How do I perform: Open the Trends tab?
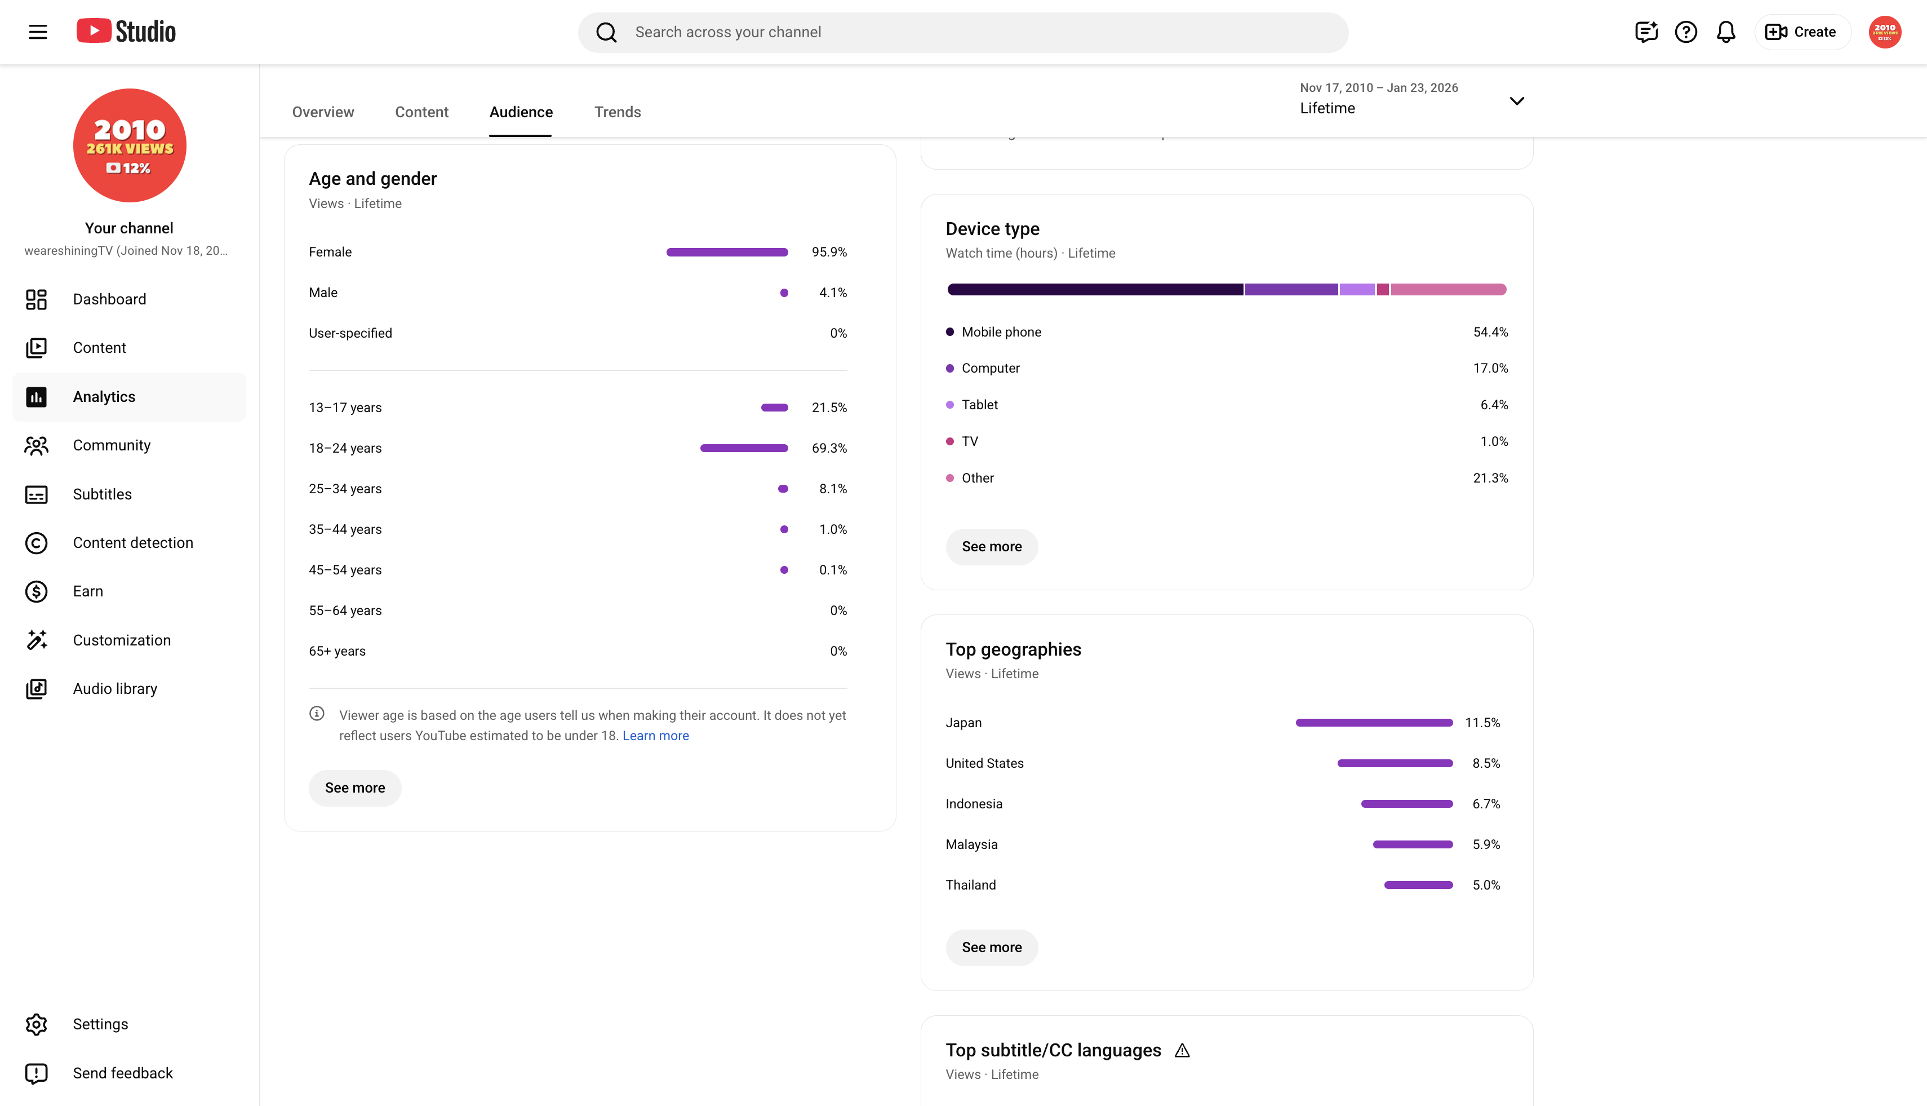coord(618,112)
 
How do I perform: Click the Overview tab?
coord(323,112)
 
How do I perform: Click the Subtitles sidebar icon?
coord(37,494)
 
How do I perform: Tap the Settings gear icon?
coord(37,1025)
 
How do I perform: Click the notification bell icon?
coord(1726,32)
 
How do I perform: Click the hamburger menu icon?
coord(38,32)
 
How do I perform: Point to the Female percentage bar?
coord(727,252)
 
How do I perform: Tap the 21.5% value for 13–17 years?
coord(829,408)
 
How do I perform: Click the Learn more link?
coord(656,736)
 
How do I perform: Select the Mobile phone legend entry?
coord(994,332)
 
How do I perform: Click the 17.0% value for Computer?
coord(1490,369)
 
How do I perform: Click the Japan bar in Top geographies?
coord(1374,723)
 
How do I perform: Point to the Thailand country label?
coord(970,886)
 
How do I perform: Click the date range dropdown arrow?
coord(1517,101)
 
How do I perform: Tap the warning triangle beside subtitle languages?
coord(1182,1051)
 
